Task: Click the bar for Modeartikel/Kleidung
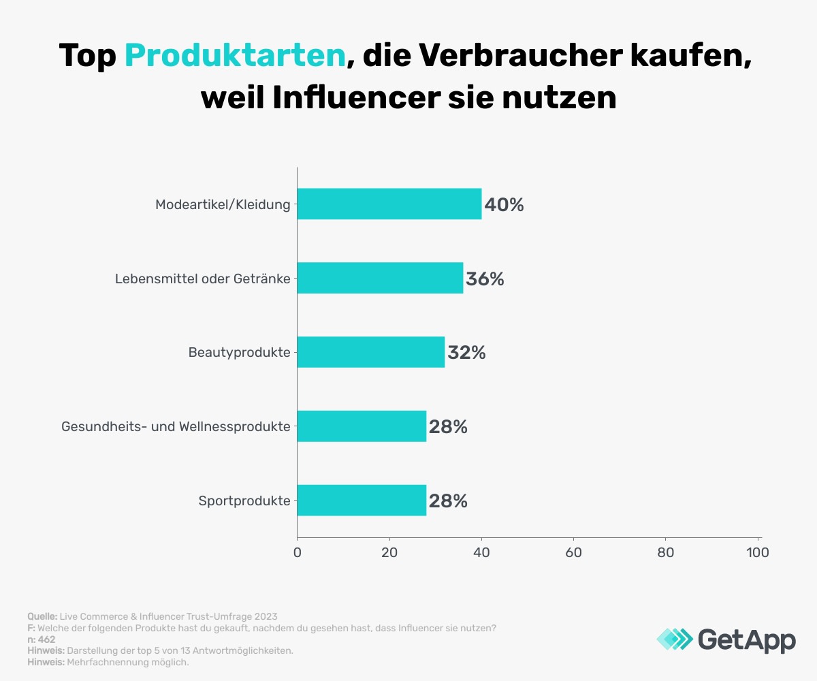389,204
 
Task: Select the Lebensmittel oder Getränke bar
380,278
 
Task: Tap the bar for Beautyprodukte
371,352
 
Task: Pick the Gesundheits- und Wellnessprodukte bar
362,426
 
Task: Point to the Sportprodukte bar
362,501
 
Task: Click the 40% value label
504,204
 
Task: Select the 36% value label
485,279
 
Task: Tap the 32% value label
466,353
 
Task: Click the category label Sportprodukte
244,501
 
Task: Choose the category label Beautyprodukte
240,353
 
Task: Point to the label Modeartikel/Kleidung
223,204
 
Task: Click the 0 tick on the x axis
297,552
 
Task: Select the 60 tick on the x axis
573,552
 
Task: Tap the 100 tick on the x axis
757,552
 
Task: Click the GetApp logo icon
675,639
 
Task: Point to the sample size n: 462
42,639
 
